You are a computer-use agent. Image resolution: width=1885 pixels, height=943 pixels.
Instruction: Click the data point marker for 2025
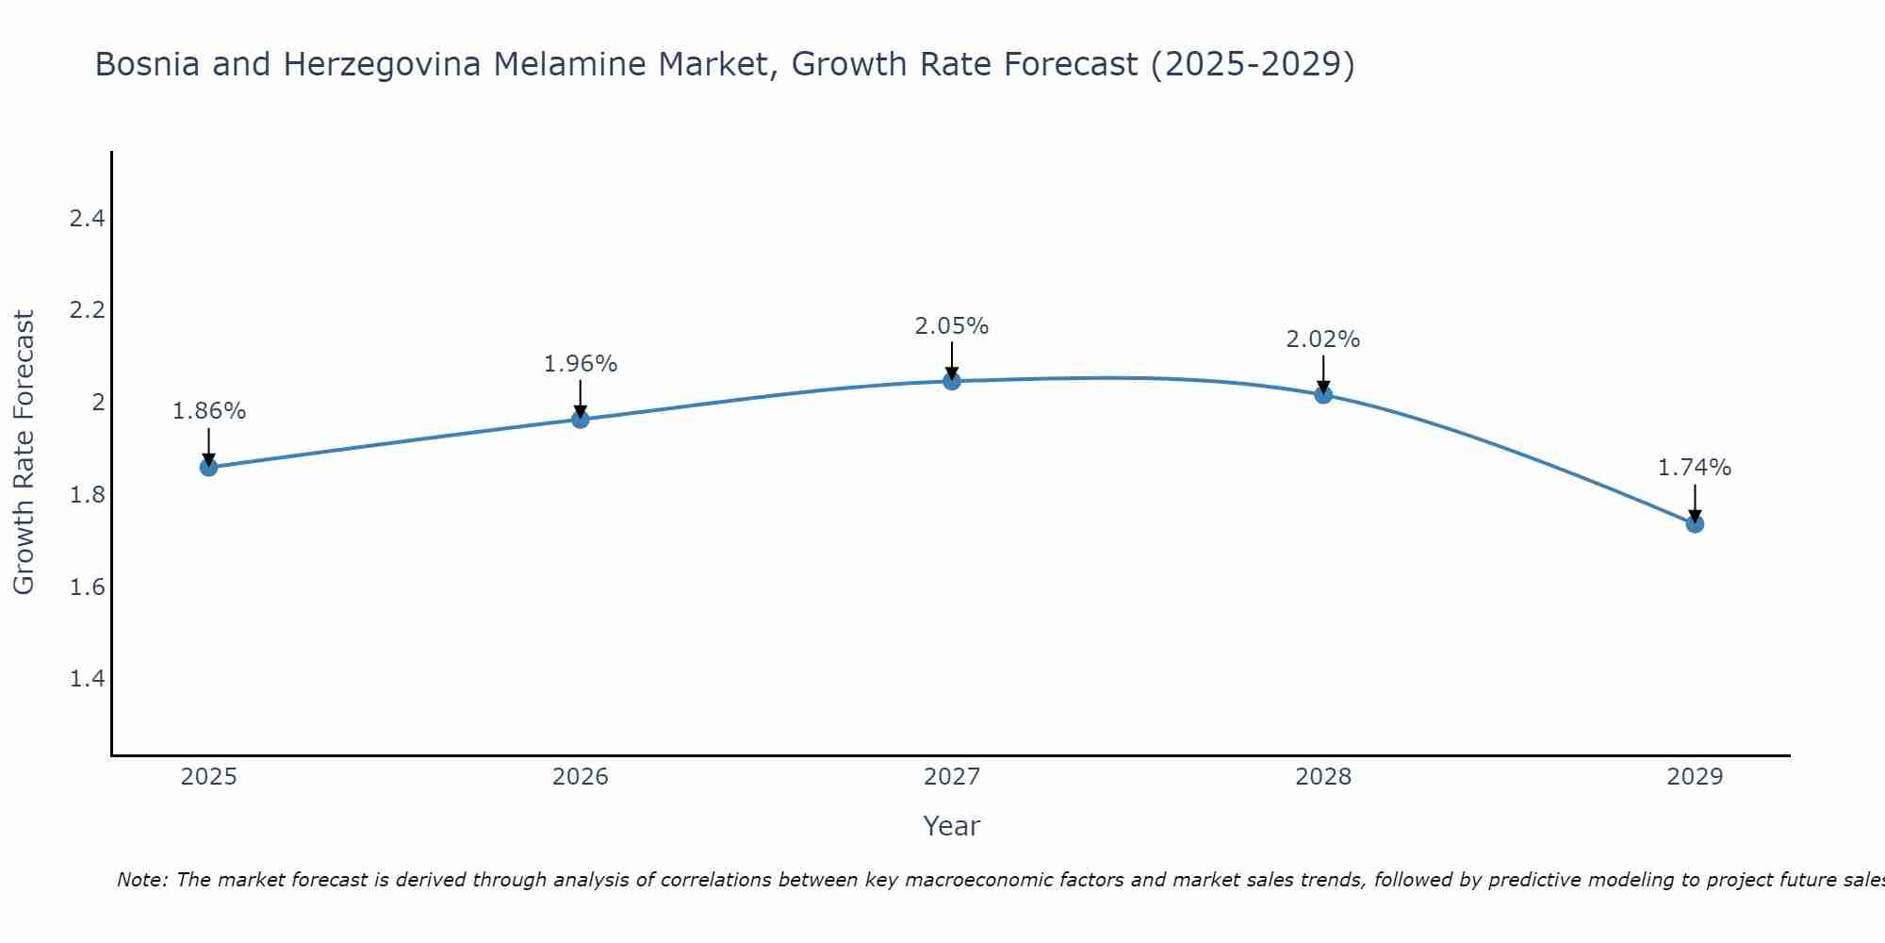click(x=208, y=467)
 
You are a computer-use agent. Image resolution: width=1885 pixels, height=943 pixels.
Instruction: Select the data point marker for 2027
click(x=952, y=381)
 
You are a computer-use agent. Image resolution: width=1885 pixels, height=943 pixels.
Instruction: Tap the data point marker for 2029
click(x=1695, y=523)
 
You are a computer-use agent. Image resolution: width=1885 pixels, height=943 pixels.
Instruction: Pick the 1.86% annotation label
click(x=209, y=411)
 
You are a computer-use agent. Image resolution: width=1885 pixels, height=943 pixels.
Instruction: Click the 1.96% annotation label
click(x=581, y=364)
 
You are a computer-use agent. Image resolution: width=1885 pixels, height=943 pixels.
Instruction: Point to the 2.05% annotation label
click(x=952, y=326)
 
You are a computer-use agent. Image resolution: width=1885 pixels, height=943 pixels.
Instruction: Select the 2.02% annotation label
click(x=1323, y=339)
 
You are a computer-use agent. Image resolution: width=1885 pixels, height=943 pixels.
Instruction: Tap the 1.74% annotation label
click(x=1695, y=468)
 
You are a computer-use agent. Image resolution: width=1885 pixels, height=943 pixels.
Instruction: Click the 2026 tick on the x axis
click(x=581, y=777)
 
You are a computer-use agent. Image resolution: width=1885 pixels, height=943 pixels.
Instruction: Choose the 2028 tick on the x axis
click(x=1323, y=777)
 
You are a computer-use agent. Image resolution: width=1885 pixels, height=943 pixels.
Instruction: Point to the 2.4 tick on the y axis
click(x=87, y=219)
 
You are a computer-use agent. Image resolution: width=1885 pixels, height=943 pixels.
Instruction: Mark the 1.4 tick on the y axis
click(x=87, y=679)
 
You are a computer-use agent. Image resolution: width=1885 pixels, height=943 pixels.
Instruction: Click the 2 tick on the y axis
click(x=97, y=403)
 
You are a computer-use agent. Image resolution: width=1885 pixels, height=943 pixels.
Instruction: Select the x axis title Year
click(x=952, y=826)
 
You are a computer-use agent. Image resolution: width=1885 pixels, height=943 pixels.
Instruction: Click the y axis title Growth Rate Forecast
click(x=24, y=453)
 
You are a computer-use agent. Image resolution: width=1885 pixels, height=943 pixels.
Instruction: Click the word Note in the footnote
click(x=141, y=880)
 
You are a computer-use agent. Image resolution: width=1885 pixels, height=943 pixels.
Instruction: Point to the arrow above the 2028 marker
click(x=1323, y=373)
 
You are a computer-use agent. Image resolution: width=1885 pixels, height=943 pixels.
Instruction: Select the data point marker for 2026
click(x=581, y=419)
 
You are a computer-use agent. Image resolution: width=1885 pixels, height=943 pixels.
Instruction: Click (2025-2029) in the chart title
click(x=1253, y=64)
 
